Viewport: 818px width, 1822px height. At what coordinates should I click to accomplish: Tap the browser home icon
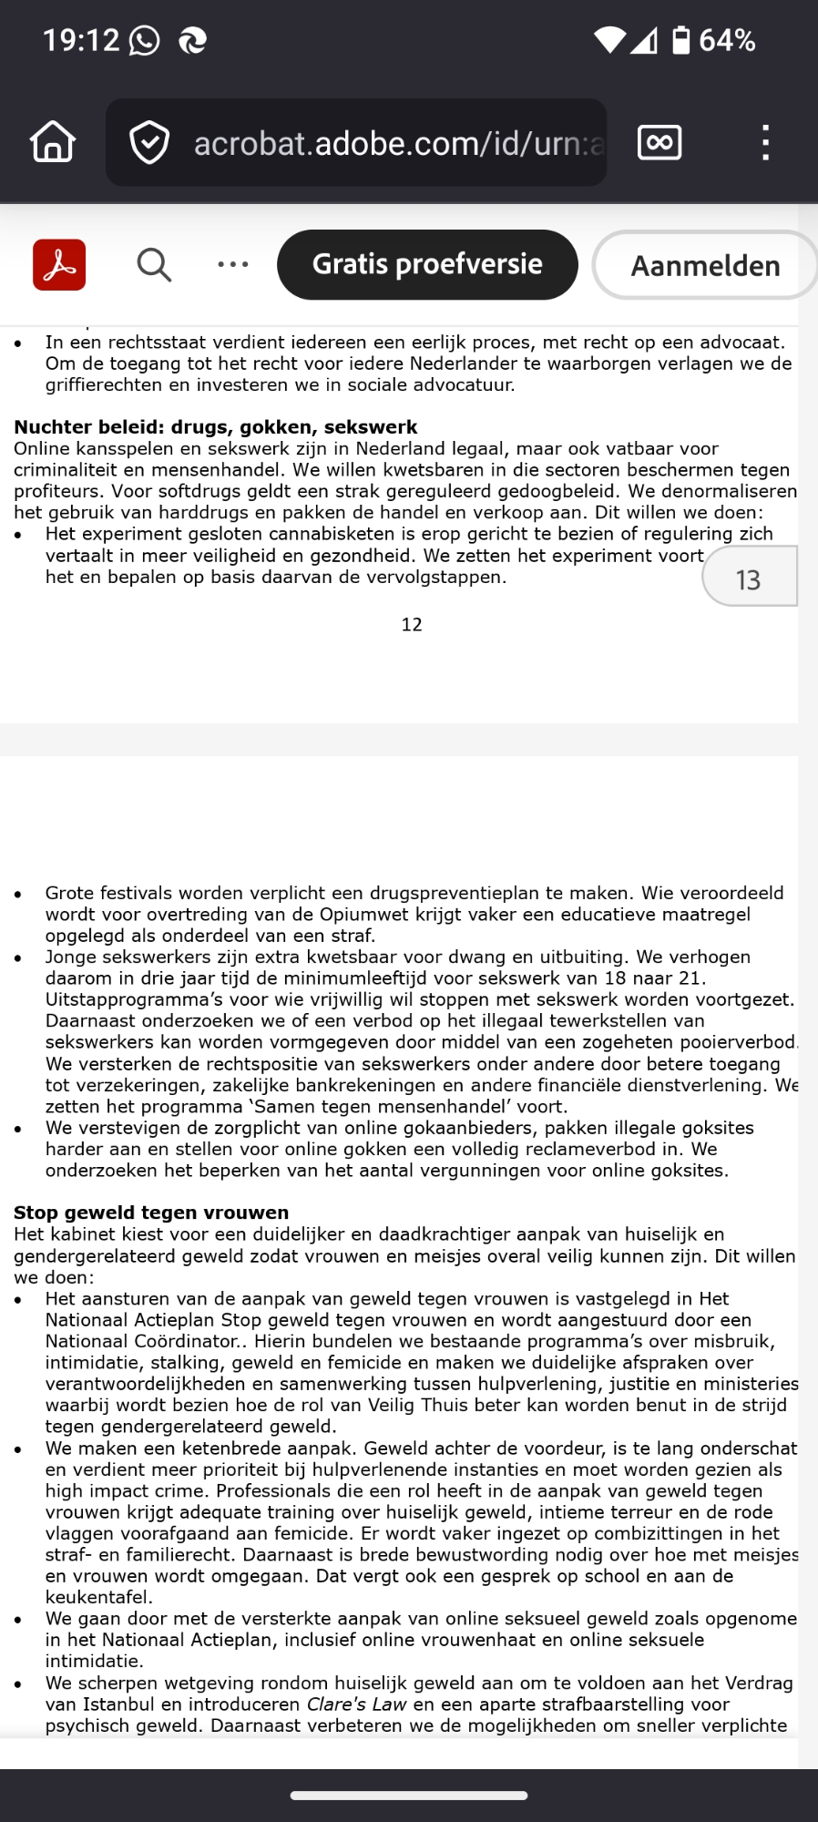(53, 142)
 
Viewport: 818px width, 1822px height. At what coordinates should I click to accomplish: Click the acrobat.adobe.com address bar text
(398, 143)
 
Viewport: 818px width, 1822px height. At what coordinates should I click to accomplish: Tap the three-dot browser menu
(765, 143)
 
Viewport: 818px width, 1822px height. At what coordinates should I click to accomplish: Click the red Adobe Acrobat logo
(59, 265)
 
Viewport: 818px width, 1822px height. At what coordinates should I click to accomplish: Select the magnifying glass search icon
(154, 265)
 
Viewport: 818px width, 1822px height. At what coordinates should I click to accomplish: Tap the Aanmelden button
(705, 265)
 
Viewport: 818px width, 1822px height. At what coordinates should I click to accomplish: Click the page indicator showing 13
(748, 579)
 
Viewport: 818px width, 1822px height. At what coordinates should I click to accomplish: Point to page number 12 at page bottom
(412, 625)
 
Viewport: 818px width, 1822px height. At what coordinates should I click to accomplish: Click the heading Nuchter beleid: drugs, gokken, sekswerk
(215, 427)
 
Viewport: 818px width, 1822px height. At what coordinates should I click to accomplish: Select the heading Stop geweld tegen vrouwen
(151, 1213)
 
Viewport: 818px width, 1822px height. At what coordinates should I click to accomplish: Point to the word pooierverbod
(736, 1042)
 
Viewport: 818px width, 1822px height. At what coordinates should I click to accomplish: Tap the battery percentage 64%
(727, 40)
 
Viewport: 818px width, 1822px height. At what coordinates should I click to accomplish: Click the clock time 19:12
(81, 40)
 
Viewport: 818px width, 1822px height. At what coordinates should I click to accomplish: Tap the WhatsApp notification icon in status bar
(144, 40)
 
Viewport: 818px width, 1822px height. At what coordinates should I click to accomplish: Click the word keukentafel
(98, 1597)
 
